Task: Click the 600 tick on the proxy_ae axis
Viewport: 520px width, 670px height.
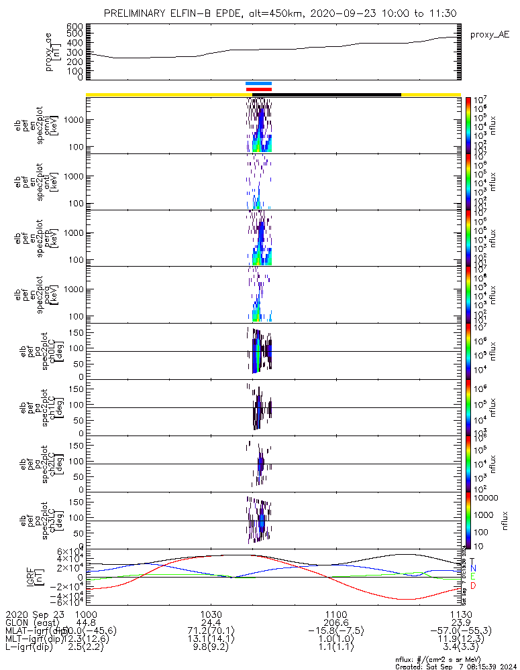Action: coord(75,26)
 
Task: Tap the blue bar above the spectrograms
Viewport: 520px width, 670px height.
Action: coord(258,84)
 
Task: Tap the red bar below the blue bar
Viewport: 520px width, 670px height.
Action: coord(258,88)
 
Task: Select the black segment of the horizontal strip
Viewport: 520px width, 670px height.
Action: coord(335,94)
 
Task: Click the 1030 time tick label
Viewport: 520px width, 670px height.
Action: coord(211,614)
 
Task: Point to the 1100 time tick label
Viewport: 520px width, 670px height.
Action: coord(335,614)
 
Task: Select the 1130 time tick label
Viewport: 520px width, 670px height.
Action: coord(460,614)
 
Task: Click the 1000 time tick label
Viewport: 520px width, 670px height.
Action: coord(86,614)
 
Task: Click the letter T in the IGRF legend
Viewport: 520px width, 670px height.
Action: coord(472,561)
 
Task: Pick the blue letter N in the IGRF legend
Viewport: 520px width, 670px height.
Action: coord(472,568)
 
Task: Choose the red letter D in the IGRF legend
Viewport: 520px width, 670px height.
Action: coord(472,586)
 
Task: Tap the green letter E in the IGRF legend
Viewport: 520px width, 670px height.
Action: coord(472,577)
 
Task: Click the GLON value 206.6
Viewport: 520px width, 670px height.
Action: coord(335,622)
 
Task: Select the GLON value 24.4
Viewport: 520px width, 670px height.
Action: coord(211,622)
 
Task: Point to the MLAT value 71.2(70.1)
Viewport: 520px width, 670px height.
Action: coord(211,630)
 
